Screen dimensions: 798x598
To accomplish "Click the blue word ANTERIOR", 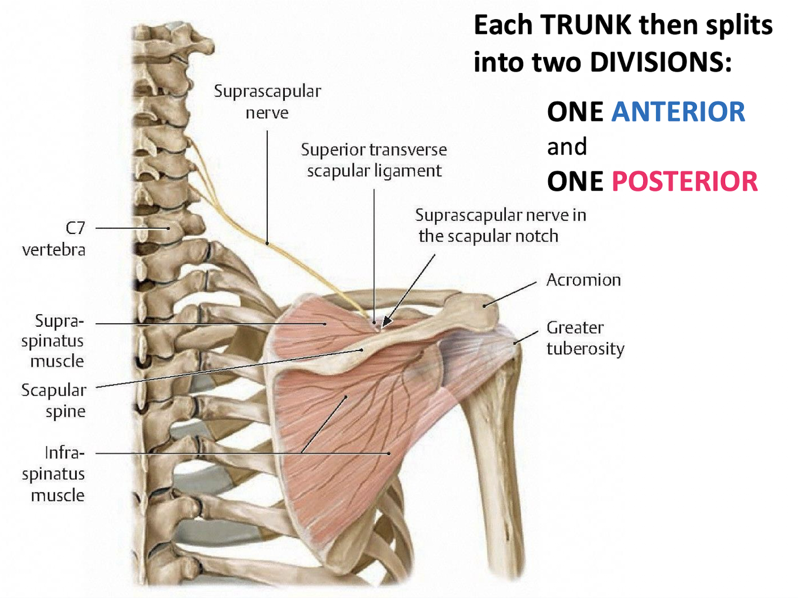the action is coord(678,112).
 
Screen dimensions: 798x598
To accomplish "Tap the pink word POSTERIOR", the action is coord(684,181).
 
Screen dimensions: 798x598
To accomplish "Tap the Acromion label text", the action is coord(583,280).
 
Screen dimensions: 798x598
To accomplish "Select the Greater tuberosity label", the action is coord(585,338).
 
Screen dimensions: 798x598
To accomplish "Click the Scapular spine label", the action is coord(54,400).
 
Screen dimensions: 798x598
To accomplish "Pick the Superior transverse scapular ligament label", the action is coord(374,160).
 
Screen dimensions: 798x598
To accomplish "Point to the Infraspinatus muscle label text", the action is coord(54,474).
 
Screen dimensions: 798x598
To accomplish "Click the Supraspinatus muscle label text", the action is coord(53,340).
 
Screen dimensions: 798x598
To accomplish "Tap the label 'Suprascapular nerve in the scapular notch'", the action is coord(500,225).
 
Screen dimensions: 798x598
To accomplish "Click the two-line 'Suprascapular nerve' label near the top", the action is coord(267,102).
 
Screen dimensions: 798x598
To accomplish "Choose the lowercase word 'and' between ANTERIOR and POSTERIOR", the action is coord(567,147).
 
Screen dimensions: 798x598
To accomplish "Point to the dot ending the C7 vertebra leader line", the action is coord(168,228).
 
